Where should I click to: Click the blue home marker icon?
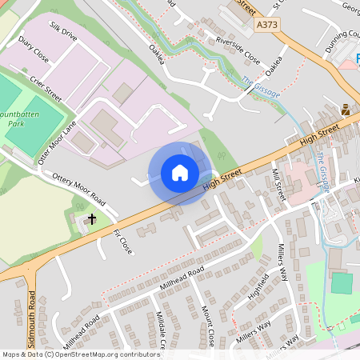click(x=180, y=173)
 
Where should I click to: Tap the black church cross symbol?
click(x=91, y=218)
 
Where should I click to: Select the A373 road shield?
click(x=269, y=26)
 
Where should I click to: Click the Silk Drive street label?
click(x=63, y=32)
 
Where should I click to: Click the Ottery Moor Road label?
click(x=78, y=186)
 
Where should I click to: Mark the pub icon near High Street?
click(x=346, y=110)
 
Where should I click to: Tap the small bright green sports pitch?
click(x=342, y=283)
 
